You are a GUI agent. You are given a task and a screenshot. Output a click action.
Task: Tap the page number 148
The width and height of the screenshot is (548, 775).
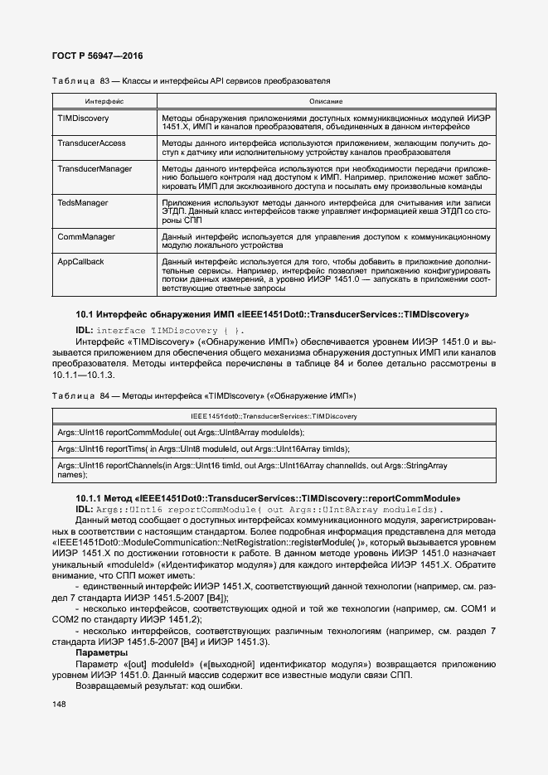coord(59,704)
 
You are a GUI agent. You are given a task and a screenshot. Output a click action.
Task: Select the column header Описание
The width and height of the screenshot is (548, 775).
coord(326,100)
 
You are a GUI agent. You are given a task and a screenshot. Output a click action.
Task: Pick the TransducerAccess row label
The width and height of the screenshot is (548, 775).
coord(91,143)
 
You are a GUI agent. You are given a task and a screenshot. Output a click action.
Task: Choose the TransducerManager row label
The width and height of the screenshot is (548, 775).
coord(95,168)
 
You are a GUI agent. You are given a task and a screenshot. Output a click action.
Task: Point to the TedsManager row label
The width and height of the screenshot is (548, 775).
coord(81,202)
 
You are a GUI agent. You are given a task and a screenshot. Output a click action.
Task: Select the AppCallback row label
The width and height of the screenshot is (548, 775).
coord(80,261)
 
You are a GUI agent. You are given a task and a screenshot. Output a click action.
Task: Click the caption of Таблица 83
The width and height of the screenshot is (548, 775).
coord(191,81)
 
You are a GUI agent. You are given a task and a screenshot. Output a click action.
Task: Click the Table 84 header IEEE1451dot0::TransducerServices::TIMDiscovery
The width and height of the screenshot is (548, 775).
coord(273,416)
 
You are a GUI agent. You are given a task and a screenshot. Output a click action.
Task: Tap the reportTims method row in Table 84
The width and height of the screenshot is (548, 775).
coord(203,448)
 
